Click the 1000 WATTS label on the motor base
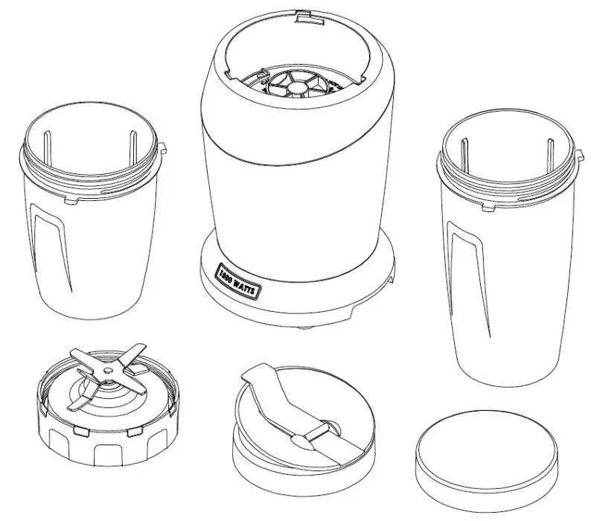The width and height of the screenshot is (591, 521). point(236,281)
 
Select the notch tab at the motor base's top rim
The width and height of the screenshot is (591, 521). point(306,15)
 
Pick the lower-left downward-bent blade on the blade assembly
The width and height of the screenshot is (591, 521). point(78,402)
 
